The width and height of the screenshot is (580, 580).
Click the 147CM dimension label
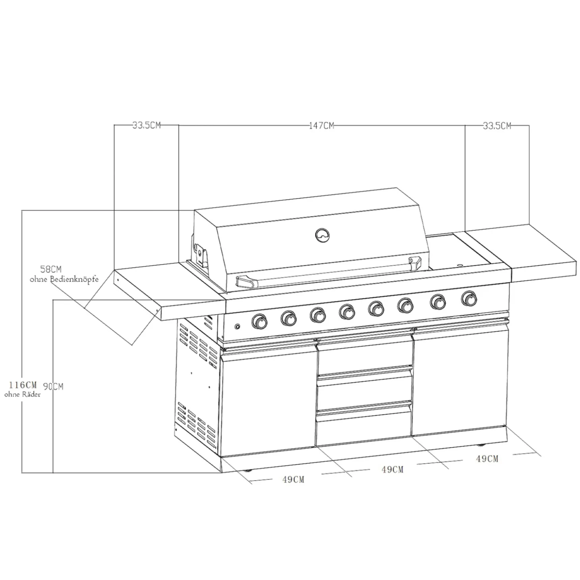point(321,125)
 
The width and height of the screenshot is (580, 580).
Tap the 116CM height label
point(23,385)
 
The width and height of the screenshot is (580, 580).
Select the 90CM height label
point(53,387)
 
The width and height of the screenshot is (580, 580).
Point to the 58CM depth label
point(51,269)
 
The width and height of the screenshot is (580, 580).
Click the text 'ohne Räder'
point(22,394)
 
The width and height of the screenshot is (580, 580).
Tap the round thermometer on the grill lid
point(323,234)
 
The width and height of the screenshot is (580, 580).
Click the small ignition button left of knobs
point(238,326)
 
